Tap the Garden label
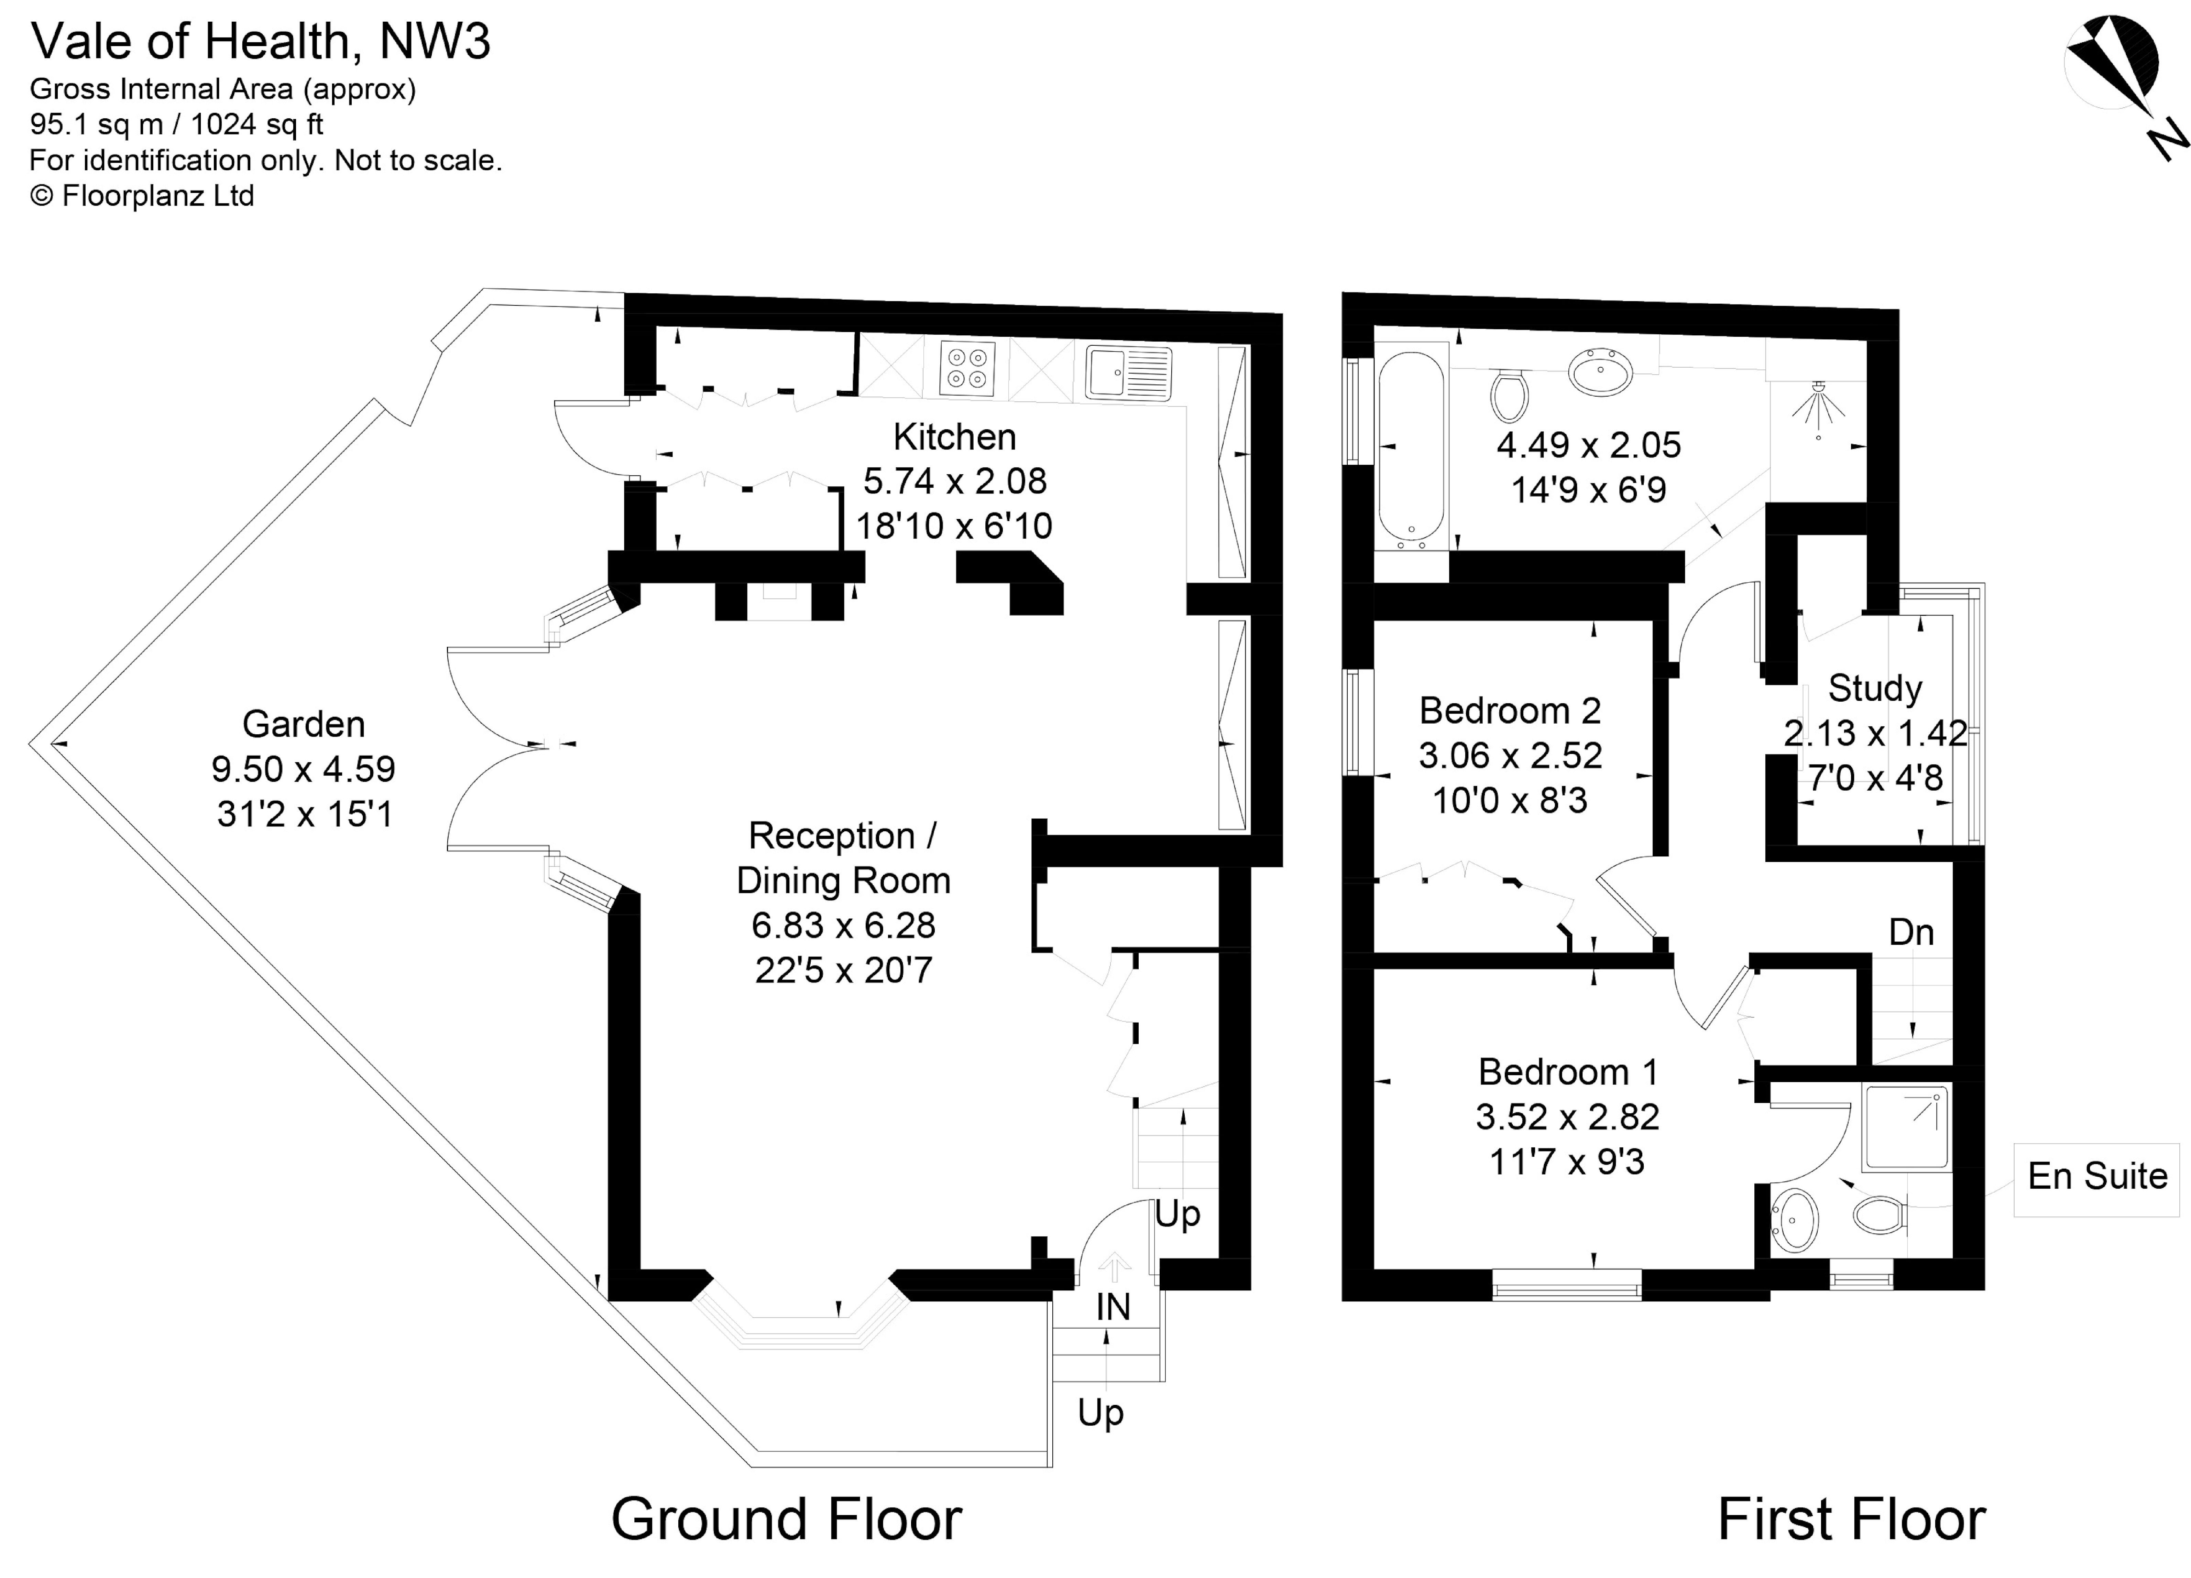click(303, 724)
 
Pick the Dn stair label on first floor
click(1911, 932)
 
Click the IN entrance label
click(1113, 1307)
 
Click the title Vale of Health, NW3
click(261, 42)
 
